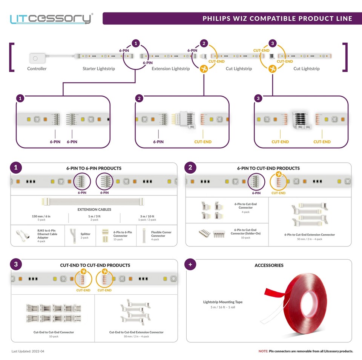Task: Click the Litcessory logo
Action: tap(51, 18)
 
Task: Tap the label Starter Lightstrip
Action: tap(99, 69)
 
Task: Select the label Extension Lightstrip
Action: tap(170, 69)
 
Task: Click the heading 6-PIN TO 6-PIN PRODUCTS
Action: tap(94, 168)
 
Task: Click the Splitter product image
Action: tap(73, 236)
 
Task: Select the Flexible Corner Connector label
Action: tap(161, 234)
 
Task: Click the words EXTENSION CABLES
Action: tap(94, 209)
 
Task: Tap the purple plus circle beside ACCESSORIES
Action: tap(190, 265)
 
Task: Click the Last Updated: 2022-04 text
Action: tap(28, 351)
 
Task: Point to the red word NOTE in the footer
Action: tap(263, 351)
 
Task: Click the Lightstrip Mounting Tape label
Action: tap(223, 302)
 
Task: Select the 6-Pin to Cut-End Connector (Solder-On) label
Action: tap(245, 231)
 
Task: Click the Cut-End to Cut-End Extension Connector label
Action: tap(137, 332)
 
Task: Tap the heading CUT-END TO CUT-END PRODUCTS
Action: tap(95, 265)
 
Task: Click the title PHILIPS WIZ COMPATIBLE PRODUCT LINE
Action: tap(277, 18)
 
